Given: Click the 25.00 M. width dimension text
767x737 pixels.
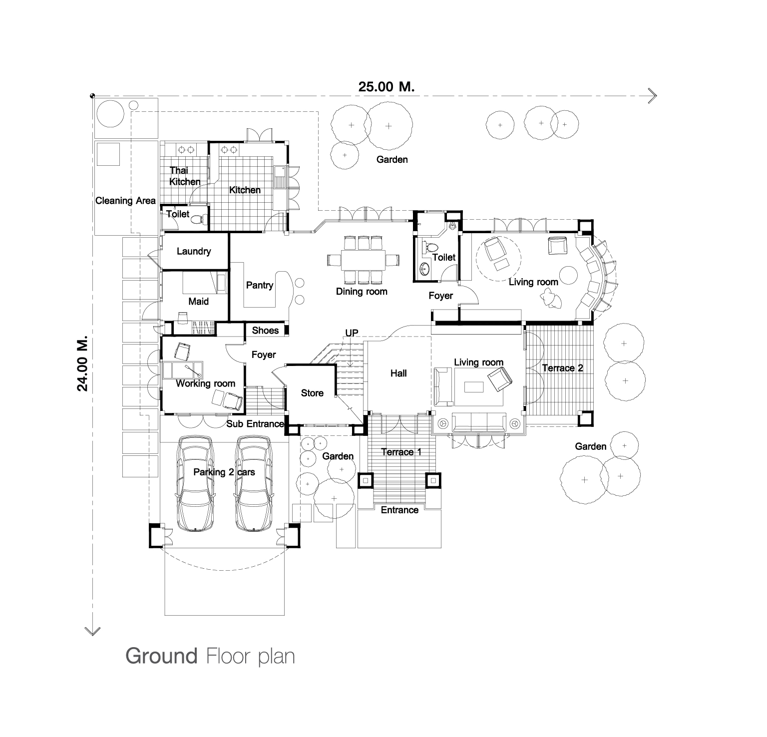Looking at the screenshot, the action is (386, 86).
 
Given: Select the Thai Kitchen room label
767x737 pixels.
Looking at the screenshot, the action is (185, 176).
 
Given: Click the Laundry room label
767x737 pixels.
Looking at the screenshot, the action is (194, 251).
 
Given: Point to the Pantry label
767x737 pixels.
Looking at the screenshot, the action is (260, 285).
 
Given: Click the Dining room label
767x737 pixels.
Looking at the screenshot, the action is (362, 292).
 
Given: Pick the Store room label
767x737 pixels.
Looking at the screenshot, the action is (312, 393).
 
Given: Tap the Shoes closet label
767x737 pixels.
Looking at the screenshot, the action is (265, 330).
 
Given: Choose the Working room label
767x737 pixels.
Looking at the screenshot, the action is (205, 383).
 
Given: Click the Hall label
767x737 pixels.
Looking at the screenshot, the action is (398, 373).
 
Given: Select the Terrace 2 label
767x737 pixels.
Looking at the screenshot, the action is (563, 368).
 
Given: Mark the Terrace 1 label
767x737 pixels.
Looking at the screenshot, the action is (401, 452).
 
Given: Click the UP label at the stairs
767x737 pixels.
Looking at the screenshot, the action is (352, 333).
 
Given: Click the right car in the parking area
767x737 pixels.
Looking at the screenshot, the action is (254, 483).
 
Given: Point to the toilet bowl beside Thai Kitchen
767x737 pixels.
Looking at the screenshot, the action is (200, 218).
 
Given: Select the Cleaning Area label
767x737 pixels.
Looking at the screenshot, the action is (125, 201).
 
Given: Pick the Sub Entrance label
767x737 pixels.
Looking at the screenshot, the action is (255, 424).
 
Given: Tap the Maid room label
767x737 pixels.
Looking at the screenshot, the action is (199, 302).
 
